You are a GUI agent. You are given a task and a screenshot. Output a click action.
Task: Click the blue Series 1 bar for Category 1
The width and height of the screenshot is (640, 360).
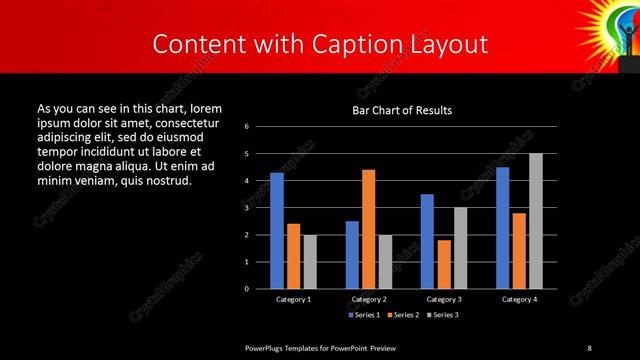pyautogui.click(x=277, y=230)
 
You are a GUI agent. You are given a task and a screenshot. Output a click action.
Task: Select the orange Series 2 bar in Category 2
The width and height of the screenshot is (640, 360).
pyautogui.click(x=368, y=229)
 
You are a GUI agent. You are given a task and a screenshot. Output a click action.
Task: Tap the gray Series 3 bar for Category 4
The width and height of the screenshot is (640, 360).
pyautogui.click(x=535, y=221)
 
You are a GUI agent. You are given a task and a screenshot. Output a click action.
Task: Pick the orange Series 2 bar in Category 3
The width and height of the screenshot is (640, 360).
pyautogui.click(x=444, y=264)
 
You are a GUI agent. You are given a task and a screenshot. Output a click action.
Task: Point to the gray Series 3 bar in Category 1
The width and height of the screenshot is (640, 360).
pyautogui.click(x=310, y=261)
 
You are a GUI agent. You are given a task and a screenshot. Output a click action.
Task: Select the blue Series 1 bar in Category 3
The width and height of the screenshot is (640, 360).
pyautogui.click(x=427, y=241)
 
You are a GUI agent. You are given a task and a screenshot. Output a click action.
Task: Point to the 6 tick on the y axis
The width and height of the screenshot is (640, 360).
pyautogui.click(x=246, y=127)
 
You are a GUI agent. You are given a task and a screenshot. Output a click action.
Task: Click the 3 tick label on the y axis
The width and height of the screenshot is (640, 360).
pyautogui.click(x=246, y=208)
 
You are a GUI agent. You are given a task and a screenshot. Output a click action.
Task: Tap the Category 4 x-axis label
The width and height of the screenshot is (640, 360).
pyautogui.click(x=518, y=299)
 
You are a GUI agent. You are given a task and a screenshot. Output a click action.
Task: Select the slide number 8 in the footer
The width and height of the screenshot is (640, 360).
pyautogui.click(x=589, y=347)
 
